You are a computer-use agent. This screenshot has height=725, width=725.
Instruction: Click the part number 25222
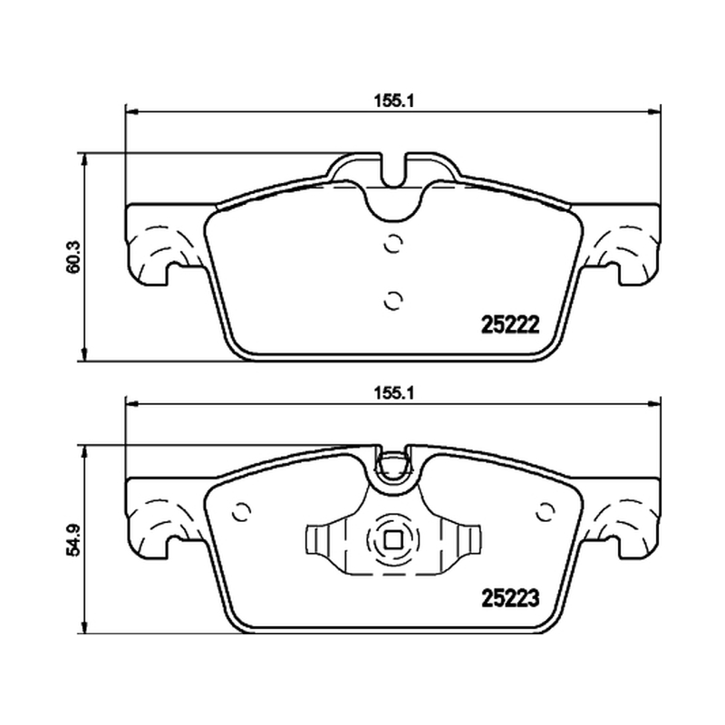pyautogui.click(x=510, y=325)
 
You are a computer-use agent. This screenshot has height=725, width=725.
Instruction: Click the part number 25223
pyautogui.click(x=510, y=598)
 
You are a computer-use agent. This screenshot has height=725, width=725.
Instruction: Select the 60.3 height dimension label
pyautogui.click(x=73, y=256)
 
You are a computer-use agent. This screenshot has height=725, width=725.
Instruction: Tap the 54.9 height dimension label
pyautogui.click(x=73, y=540)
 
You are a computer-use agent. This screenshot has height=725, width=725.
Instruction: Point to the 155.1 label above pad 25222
pyautogui.click(x=394, y=101)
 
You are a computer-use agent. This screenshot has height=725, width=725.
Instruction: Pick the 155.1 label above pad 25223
pyautogui.click(x=394, y=393)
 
